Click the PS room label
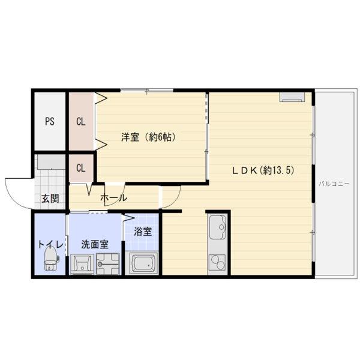(50, 121)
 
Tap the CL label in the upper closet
(81, 121)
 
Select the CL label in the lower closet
(81, 168)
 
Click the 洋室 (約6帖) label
(149, 137)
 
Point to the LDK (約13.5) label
(263, 170)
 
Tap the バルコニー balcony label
(334, 184)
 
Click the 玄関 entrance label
(50, 199)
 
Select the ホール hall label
(113, 197)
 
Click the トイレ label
(50, 244)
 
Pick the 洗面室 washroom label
(95, 245)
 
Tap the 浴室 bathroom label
(143, 232)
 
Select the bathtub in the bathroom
(143, 263)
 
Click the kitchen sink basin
(218, 227)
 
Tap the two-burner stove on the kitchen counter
(217, 262)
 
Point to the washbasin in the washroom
(82, 264)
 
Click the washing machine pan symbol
(108, 264)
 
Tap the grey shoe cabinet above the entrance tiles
(52, 163)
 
